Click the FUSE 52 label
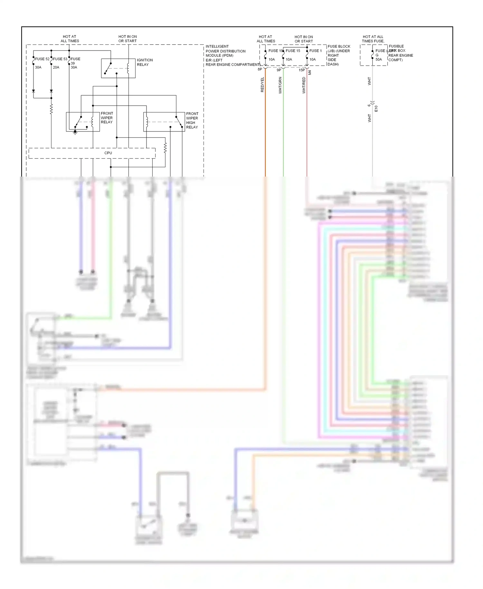[x=42, y=59]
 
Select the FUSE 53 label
[x=60, y=59]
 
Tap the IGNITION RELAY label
[x=145, y=62]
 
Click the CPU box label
[x=108, y=153]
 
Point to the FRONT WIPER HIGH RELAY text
[x=192, y=121]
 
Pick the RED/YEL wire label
[x=262, y=85]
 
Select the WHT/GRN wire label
[x=280, y=85]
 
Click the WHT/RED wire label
[x=304, y=85]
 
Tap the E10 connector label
[x=376, y=109]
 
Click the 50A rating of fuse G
[x=379, y=59]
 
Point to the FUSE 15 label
[x=293, y=51]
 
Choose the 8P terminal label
[x=260, y=70]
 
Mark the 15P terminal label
[x=301, y=70]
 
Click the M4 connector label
[x=310, y=73]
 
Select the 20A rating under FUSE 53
[x=56, y=67]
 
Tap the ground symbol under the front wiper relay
[x=75, y=132]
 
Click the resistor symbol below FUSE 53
[x=51, y=109]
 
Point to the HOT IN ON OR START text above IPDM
[x=128, y=39]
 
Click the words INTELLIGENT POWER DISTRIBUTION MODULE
[x=225, y=51]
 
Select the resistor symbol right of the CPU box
[x=165, y=148]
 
